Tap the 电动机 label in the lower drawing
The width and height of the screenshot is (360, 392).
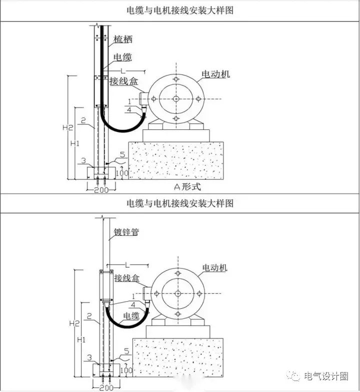pyautogui.click(x=214, y=268)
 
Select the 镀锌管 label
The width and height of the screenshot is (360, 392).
pyautogui.click(x=126, y=233)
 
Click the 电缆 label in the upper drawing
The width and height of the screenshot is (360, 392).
pyautogui.click(x=123, y=57)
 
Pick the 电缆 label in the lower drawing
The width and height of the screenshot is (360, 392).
pyautogui.click(x=131, y=316)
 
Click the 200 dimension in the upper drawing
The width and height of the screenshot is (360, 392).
pyautogui.click(x=101, y=190)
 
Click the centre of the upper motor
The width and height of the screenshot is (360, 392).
pyautogui.click(x=176, y=99)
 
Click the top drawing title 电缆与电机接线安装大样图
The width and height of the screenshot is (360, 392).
pyautogui.click(x=180, y=10)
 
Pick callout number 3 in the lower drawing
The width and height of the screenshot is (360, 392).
pyautogui.click(x=89, y=358)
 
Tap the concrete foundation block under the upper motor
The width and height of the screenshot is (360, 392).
pyautogui.click(x=176, y=160)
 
